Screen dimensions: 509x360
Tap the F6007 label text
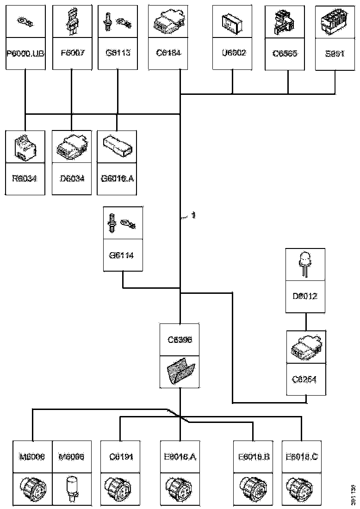71,53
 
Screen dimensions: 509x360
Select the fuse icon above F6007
71,21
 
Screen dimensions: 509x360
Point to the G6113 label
118,53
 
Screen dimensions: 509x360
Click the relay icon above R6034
25,146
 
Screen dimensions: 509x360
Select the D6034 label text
71,178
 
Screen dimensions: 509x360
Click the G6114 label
122,255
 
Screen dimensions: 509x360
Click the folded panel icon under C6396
180,371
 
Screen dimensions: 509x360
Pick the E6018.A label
180,457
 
